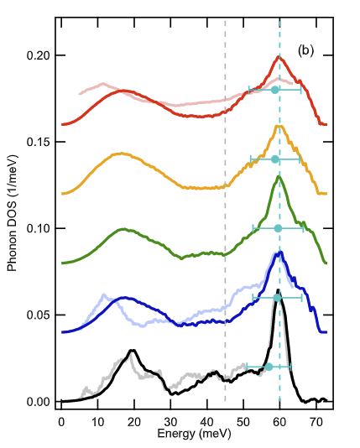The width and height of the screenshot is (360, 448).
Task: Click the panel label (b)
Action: pyautogui.click(x=305, y=50)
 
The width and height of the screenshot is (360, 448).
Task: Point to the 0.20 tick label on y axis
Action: pyautogui.click(x=39, y=55)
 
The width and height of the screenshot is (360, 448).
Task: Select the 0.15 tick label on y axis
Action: pyautogui.click(x=39, y=142)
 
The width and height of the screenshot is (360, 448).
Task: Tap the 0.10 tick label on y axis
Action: pyautogui.click(x=39, y=228)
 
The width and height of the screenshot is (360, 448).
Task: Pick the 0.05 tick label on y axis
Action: pyautogui.click(x=39, y=315)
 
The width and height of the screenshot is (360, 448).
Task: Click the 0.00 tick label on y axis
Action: pyautogui.click(x=39, y=402)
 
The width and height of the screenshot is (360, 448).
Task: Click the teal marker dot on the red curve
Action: pyautogui.click(x=275, y=90)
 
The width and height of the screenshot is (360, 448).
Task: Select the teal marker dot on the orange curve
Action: pyautogui.click(x=275, y=159)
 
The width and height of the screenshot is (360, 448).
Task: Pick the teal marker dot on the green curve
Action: pyautogui.click(x=279, y=228)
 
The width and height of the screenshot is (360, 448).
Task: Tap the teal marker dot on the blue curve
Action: pyautogui.click(x=278, y=297)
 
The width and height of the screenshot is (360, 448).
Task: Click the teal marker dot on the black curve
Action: pyautogui.click(x=269, y=367)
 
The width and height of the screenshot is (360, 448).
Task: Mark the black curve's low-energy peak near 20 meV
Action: pyautogui.click(x=132, y=351)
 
